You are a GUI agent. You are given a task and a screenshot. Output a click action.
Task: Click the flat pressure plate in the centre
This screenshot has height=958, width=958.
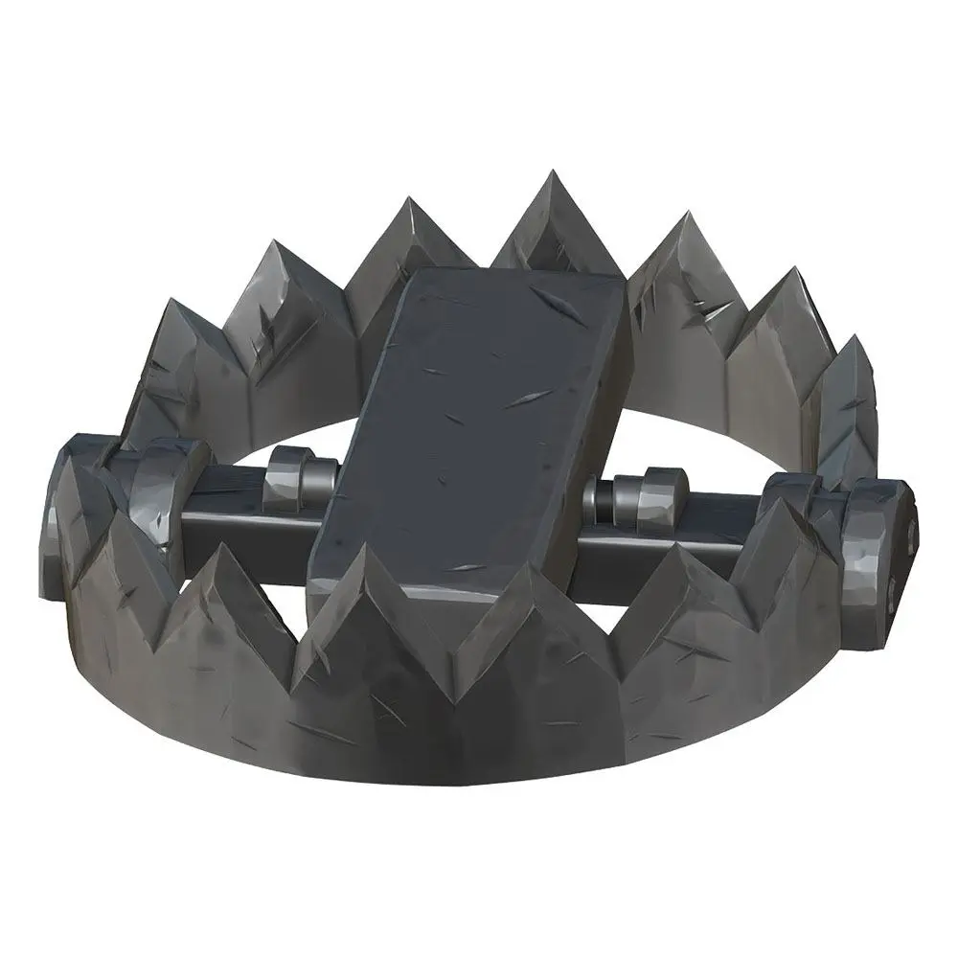pyautogui.click(x=469, y=422)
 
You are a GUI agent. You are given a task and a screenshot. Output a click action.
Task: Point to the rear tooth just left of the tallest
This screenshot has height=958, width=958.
pyautogui.click(x=412, y=239)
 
